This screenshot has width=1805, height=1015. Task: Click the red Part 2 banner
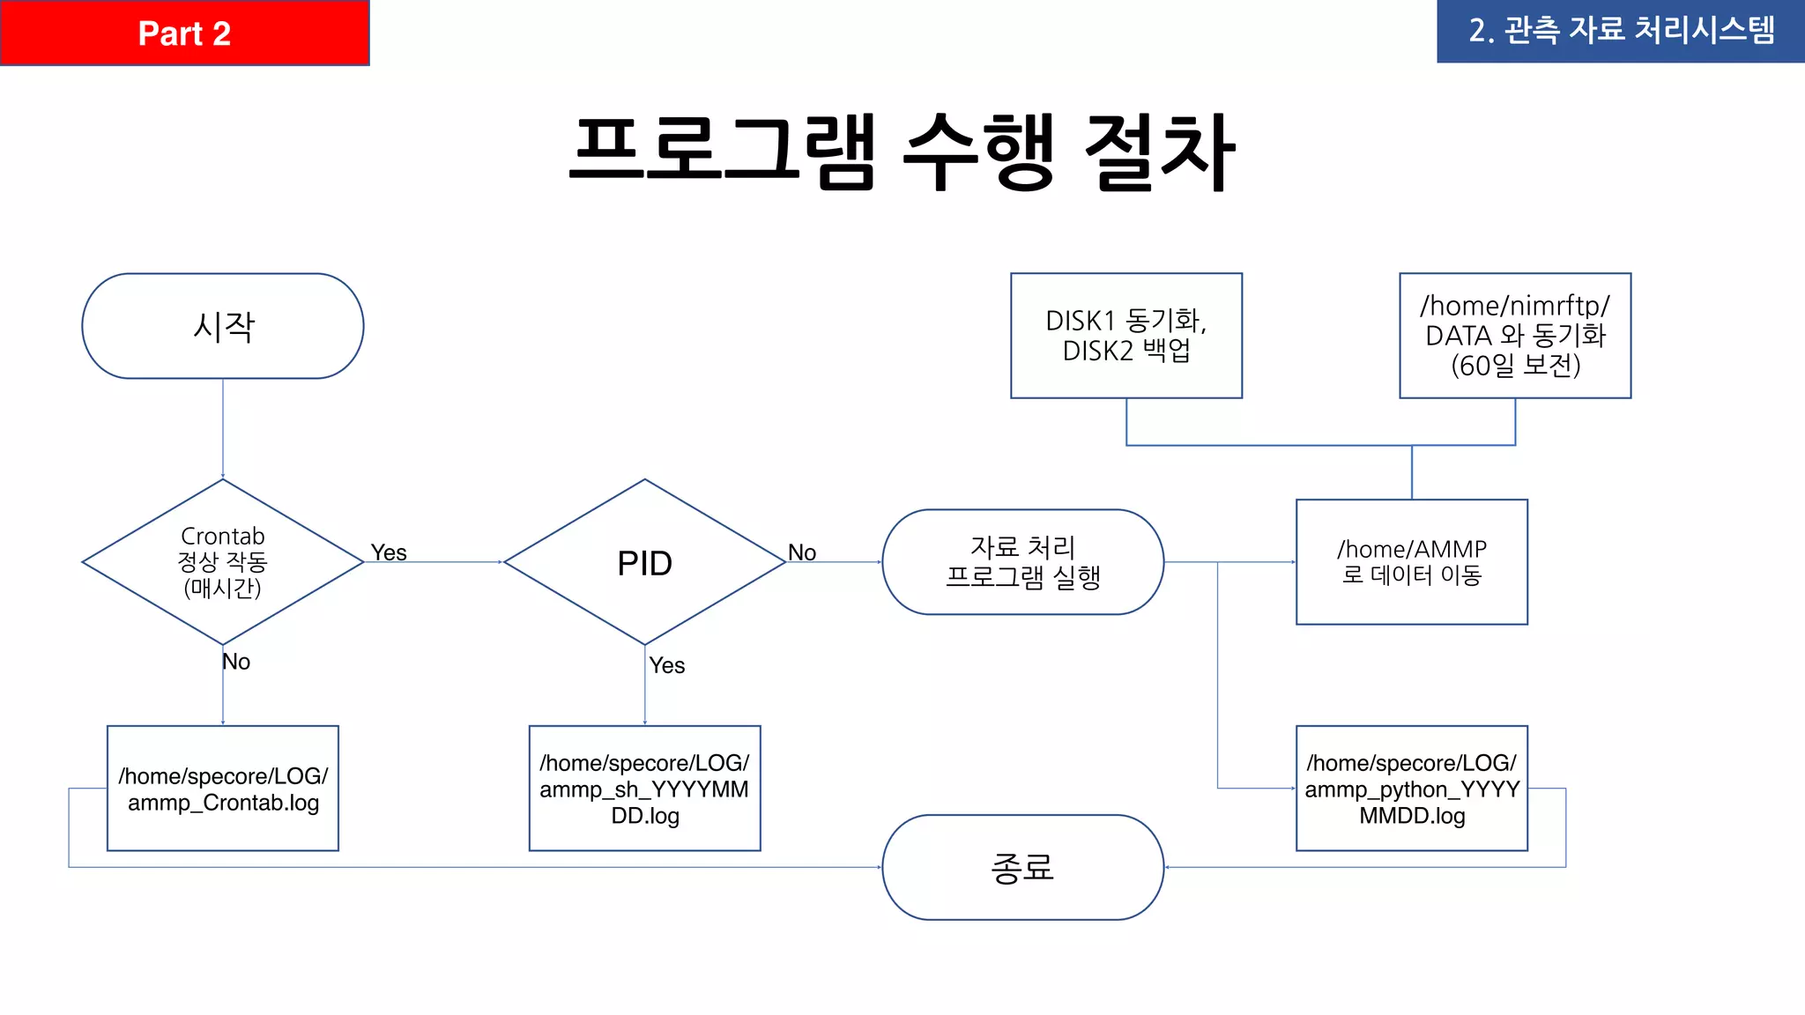(x=184, y=33)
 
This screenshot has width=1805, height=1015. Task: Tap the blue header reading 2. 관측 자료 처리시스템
(x=1620, y=31)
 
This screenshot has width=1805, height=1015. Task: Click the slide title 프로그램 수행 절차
(x=902, y=152)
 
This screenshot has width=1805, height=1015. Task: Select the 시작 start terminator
(x=223, y=326)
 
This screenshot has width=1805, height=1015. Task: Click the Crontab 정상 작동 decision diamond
(x=223, y=561)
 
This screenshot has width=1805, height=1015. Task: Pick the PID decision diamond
(x=644, y=562)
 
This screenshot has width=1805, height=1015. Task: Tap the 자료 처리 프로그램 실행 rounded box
(x=1022, y=561)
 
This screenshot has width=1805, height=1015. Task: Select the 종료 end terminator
(x=1022, y=867)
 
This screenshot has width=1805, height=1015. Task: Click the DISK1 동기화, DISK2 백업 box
(x=1125, y=336)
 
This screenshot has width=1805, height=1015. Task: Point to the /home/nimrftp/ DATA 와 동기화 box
(x=1514, y=336)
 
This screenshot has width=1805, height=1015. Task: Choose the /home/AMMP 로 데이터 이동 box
(x=1411, y=562)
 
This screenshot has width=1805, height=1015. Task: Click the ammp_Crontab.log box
(x=223, y=788)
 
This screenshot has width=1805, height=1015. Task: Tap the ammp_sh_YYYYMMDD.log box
(x=644, y=788)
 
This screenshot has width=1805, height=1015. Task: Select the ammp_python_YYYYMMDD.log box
(x=1411, y=788)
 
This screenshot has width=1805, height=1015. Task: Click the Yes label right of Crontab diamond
(x=389, y=552)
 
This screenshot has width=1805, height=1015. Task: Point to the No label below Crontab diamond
(x=236, y=662)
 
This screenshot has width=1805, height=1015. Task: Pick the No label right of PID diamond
(x=802, y=552)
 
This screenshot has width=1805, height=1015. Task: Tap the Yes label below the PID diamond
(x=667, y=665)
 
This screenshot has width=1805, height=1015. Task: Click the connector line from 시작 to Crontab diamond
(x=223, y=428)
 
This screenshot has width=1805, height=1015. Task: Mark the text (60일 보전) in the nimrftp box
(x=1515, y=366)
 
